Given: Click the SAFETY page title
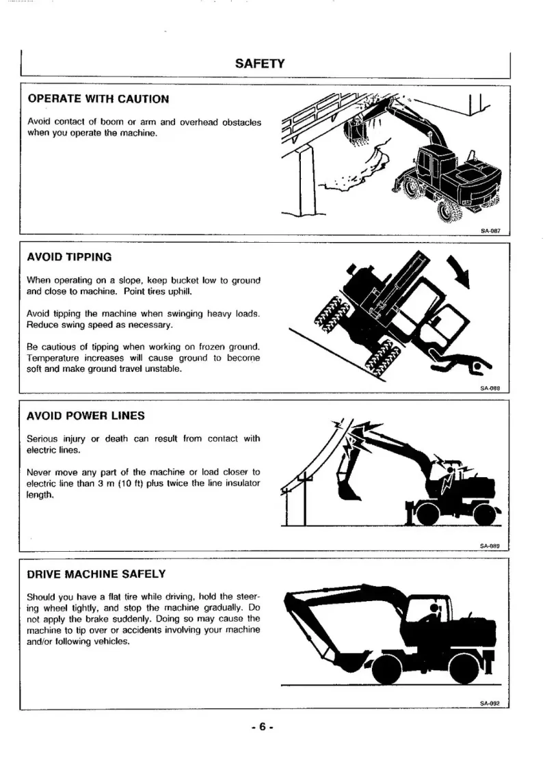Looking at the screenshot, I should (259, 64).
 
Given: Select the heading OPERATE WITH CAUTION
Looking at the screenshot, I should (98, 98).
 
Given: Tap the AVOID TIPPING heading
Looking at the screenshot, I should (69, 257).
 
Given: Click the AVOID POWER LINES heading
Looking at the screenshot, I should (85, 416).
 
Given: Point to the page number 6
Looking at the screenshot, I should (261, 728).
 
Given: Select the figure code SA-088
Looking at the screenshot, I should (491, 388).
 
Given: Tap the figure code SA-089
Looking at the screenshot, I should (491, 546).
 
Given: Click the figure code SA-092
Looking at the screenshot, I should (491, 702).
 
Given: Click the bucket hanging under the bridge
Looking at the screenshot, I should (358, 133).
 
